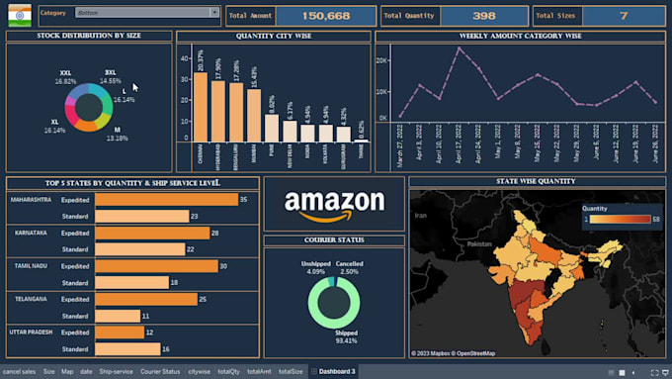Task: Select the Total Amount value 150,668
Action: pos(325,16)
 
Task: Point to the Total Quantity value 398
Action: pos(483,16)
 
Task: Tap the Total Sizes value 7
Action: pos(623,16)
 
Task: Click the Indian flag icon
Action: pos(20,15)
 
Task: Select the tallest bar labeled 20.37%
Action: pos(201,108)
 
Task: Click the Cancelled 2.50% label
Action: pos(349,266)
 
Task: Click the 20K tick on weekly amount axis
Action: pos(383,59)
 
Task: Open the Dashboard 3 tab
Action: pos(336,371)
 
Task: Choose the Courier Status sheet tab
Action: pos(160,371)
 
